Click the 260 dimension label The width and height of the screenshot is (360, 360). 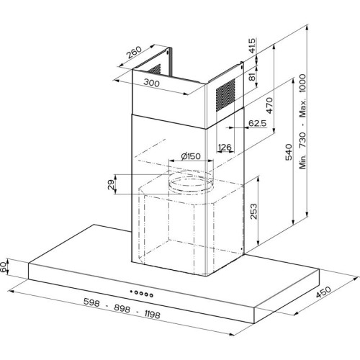134,53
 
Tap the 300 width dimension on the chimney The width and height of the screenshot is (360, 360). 151,83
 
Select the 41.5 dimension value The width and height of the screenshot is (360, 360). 252,45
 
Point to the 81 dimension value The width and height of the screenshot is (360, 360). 252,77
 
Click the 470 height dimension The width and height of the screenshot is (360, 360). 269,105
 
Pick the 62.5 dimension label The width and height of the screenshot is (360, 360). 257,123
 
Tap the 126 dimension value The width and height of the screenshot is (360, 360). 225,147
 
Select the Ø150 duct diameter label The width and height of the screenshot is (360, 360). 191,156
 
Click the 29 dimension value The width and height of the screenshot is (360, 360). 111,184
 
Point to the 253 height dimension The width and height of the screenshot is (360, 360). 253,211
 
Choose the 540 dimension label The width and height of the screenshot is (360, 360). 289,152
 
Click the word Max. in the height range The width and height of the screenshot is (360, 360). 302,108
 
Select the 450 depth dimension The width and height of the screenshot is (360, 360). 323,292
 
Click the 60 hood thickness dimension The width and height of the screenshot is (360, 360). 4,267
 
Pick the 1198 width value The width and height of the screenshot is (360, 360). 153,314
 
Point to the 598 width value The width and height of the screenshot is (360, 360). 91,302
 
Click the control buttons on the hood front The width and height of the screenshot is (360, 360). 141,293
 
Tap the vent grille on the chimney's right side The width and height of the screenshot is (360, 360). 225,95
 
